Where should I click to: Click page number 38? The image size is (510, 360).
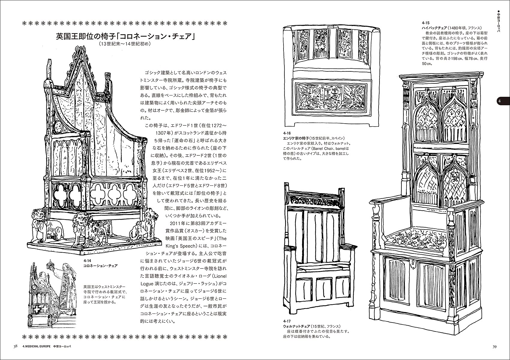(15, 347)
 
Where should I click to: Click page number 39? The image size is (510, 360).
(495, 347)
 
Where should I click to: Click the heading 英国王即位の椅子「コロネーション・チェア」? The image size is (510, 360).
(126, 37)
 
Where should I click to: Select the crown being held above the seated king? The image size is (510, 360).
(49, 265)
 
